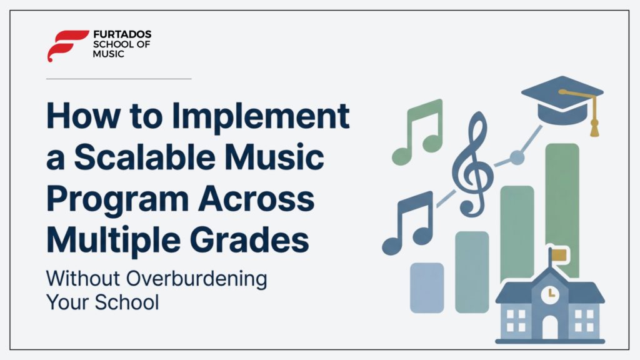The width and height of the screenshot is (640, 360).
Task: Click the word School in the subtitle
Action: (127, 302)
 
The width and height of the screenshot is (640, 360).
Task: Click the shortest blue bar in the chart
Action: (427, 287)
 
